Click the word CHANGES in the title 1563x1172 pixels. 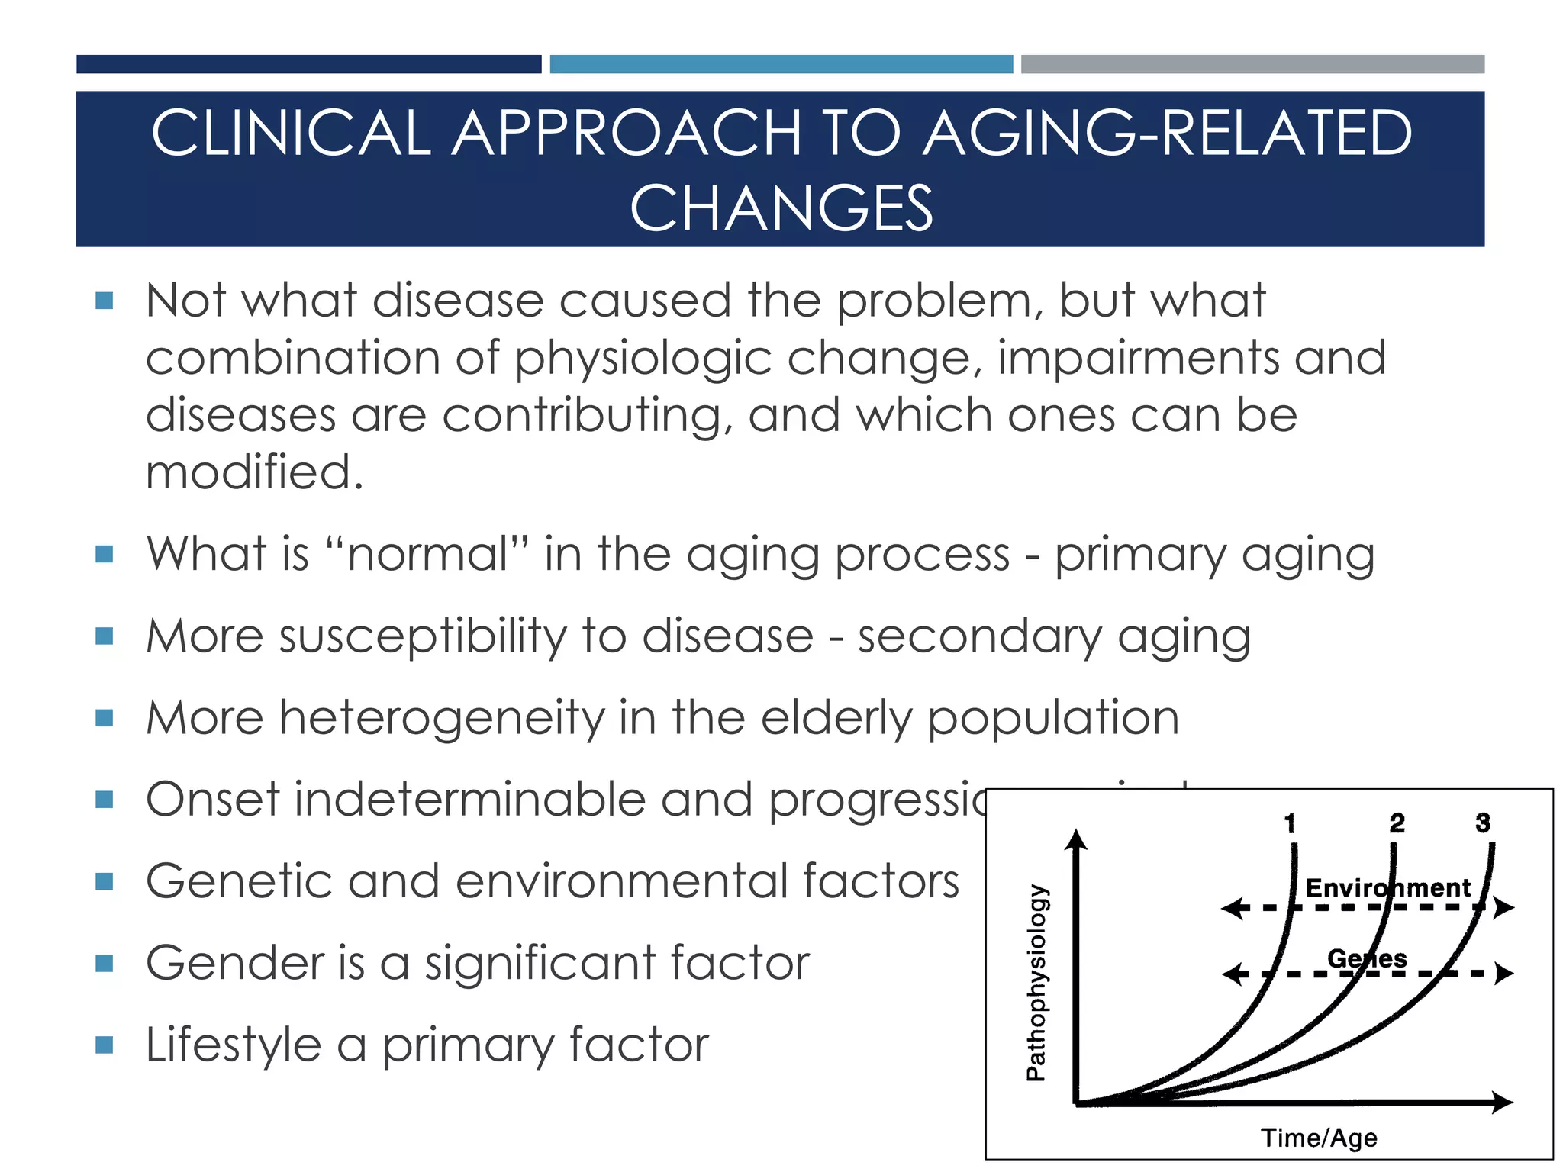781,208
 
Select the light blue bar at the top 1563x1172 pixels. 781,64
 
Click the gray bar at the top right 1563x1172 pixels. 1252,64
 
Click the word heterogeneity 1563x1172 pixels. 442,718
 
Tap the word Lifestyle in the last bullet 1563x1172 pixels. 233,1045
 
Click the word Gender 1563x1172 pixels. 234,963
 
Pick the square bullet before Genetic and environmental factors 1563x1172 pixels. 105,882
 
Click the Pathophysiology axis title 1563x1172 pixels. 1036,983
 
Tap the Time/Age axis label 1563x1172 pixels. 1319,1138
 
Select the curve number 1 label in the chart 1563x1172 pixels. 1290,823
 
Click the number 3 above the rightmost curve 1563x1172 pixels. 1483,823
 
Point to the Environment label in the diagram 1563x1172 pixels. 1387,888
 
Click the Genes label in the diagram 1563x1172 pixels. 1367,958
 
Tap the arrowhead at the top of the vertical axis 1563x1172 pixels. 1076,839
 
